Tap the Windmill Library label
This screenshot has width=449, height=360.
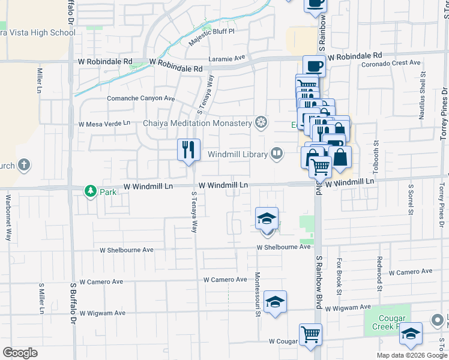(238, 154)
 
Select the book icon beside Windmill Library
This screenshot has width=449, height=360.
(276, 154)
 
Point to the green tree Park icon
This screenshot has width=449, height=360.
(91, 191)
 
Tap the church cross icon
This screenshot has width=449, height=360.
(24, 165)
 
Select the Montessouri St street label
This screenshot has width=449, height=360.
(258, 293)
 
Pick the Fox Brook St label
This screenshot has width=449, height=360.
(339, 277)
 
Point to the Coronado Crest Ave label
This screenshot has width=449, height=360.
(391, 62)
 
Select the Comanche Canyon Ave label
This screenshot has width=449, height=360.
(140, 98)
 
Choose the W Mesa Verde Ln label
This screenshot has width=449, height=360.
(104, 123)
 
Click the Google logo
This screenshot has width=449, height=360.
(20, 352)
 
